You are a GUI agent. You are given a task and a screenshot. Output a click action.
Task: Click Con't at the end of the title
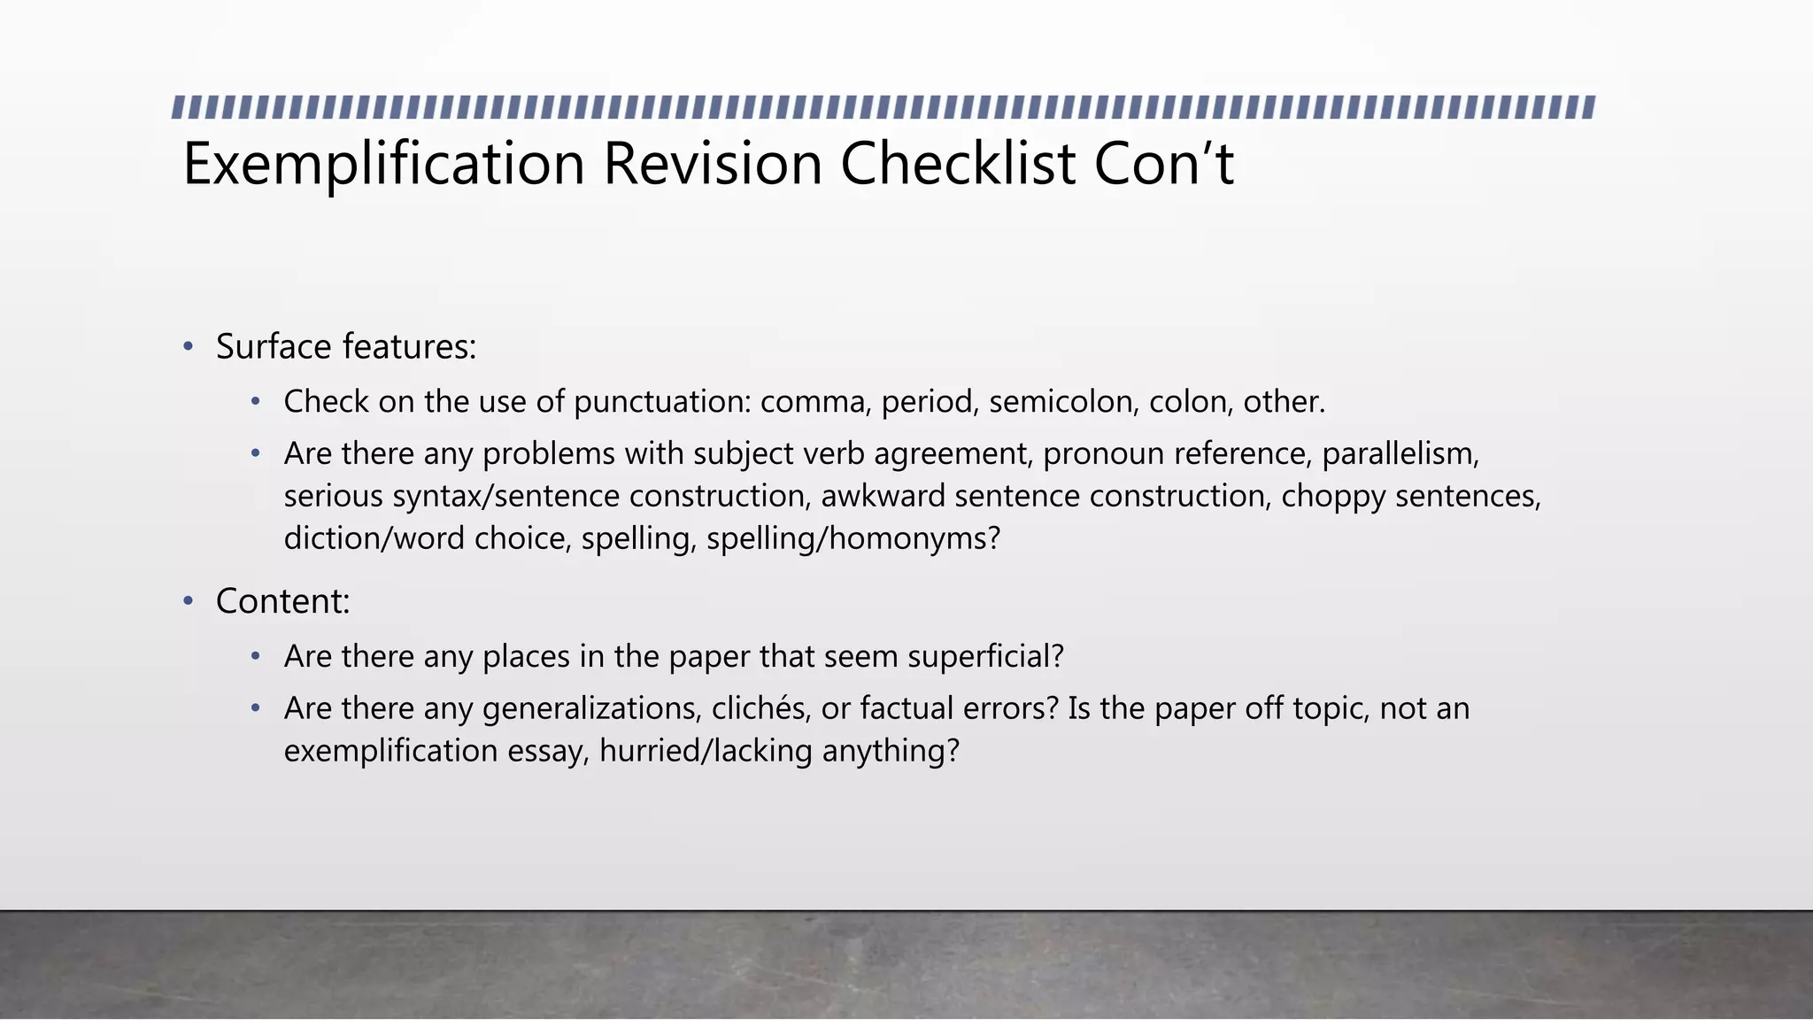(1163, 164)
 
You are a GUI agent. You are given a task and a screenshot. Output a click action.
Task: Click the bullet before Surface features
(188, 346)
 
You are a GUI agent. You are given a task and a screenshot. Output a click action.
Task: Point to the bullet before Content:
(188, 601)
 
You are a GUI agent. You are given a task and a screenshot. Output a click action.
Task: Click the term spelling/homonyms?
(853, 538)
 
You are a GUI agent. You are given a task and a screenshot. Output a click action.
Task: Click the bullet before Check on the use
(256, 402)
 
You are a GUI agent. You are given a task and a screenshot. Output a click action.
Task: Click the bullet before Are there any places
(256, 656)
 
